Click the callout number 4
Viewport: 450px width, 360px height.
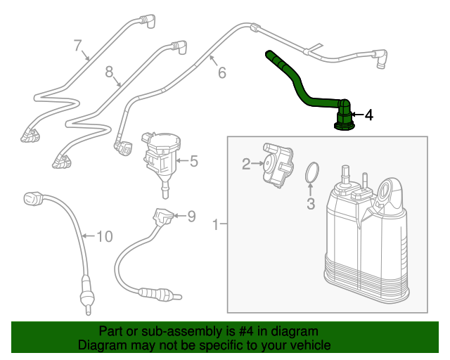(368, 114)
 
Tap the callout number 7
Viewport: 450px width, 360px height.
(78, 46)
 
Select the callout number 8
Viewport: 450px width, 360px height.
(110, 71)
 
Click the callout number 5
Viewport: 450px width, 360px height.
(193, 161)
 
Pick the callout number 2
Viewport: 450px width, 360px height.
(246, 164)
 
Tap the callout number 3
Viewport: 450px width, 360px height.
(311, 205)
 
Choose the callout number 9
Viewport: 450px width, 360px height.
(191, 215)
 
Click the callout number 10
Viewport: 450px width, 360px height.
(104, 236)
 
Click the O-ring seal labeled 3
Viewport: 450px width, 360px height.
(313, 172)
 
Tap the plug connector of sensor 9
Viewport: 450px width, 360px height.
(160, 217)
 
